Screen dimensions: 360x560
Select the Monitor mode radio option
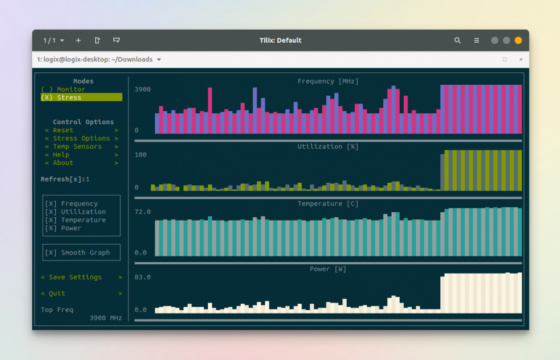(x=63, y=89)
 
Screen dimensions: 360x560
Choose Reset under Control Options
(x=63, y=130)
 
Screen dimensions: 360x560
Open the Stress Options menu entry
(x=81, y=138)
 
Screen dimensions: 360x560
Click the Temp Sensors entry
(x=77, y=147)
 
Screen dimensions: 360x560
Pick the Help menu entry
(x=61, y=155)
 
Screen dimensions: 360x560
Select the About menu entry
(x=63, y=163)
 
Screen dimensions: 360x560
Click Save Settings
(x=75, y=277)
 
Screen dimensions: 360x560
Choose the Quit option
(x=57, y=294)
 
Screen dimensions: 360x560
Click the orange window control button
(x=518, y=40)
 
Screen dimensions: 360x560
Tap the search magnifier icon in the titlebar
(x=458, y=40)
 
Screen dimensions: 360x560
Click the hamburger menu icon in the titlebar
(x=476, y=40)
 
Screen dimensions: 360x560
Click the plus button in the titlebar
(x=78, y=40)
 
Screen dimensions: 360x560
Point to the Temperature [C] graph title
(x=328, y=204)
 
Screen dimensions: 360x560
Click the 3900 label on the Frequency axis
(x=143, y=89)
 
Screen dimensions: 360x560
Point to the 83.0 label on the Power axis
(x=143, y=277)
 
